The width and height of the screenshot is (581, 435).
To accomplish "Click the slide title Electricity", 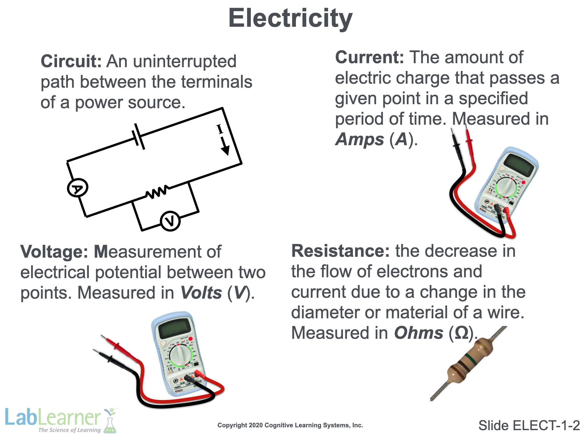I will pos(290,19).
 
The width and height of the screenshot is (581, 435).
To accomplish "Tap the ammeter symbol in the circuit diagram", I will pos(78,188).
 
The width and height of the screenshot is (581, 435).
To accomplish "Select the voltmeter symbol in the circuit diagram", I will pos(170,221).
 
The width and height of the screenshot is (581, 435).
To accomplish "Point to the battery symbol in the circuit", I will pos(139,136).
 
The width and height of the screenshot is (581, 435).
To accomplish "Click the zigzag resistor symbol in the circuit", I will pos(157,192).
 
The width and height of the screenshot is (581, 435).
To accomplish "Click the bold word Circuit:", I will pos(71,61).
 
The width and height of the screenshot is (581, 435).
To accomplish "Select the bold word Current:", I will pos(369,58).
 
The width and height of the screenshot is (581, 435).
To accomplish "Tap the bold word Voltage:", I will pos(54,252).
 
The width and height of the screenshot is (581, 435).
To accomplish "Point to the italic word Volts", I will pos(201,293).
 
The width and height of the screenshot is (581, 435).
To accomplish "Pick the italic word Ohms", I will pos(419,333).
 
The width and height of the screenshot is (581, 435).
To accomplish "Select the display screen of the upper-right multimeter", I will pos(519,164).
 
